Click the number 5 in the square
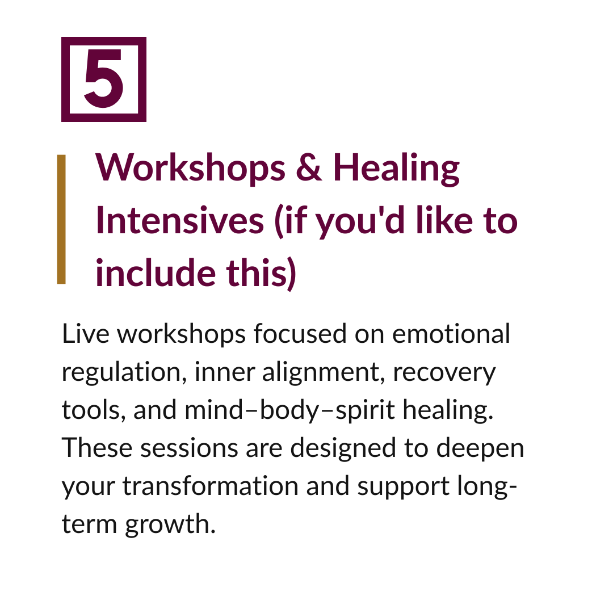tap(104, 79)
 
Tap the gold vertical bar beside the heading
tap(61, 219)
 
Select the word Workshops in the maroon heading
tap(191, 169)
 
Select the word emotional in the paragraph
tap(451, 334)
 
